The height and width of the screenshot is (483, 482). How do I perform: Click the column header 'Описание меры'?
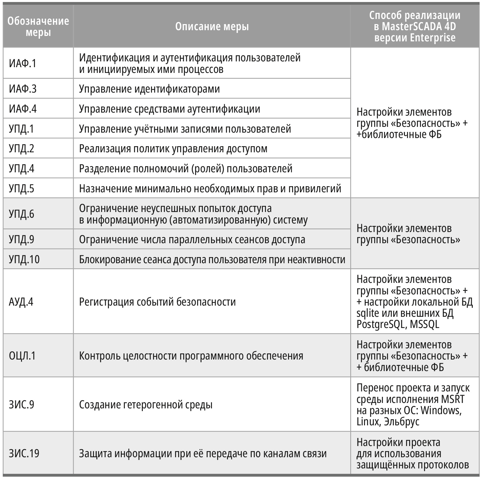(212, 26)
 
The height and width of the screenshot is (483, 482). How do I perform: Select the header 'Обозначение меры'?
(38, 26)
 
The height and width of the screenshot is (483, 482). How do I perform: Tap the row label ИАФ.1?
(22, 63)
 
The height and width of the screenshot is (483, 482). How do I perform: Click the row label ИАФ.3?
(22, 89)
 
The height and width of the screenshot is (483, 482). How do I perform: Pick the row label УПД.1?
(21, 129)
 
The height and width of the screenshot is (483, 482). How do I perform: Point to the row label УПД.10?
(24, 259)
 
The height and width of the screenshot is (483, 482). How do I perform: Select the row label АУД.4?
(21, 302)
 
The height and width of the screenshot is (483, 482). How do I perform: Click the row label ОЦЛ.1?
(22, 356)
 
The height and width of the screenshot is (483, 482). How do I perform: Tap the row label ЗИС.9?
(21, 405)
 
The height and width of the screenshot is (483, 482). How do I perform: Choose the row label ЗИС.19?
(24, 453)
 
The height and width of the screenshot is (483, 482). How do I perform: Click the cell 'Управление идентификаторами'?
(149, 89)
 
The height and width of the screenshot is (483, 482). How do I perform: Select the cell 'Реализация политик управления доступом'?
(173, 149)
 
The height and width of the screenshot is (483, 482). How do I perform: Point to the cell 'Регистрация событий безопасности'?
(157, 302)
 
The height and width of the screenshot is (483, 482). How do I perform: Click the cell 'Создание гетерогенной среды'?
(146, 405)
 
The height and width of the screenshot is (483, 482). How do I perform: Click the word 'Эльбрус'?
(402, 422)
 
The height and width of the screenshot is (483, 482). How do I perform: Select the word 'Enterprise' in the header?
(432, 37)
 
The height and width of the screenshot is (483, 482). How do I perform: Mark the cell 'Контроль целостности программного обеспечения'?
(191, 356)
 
